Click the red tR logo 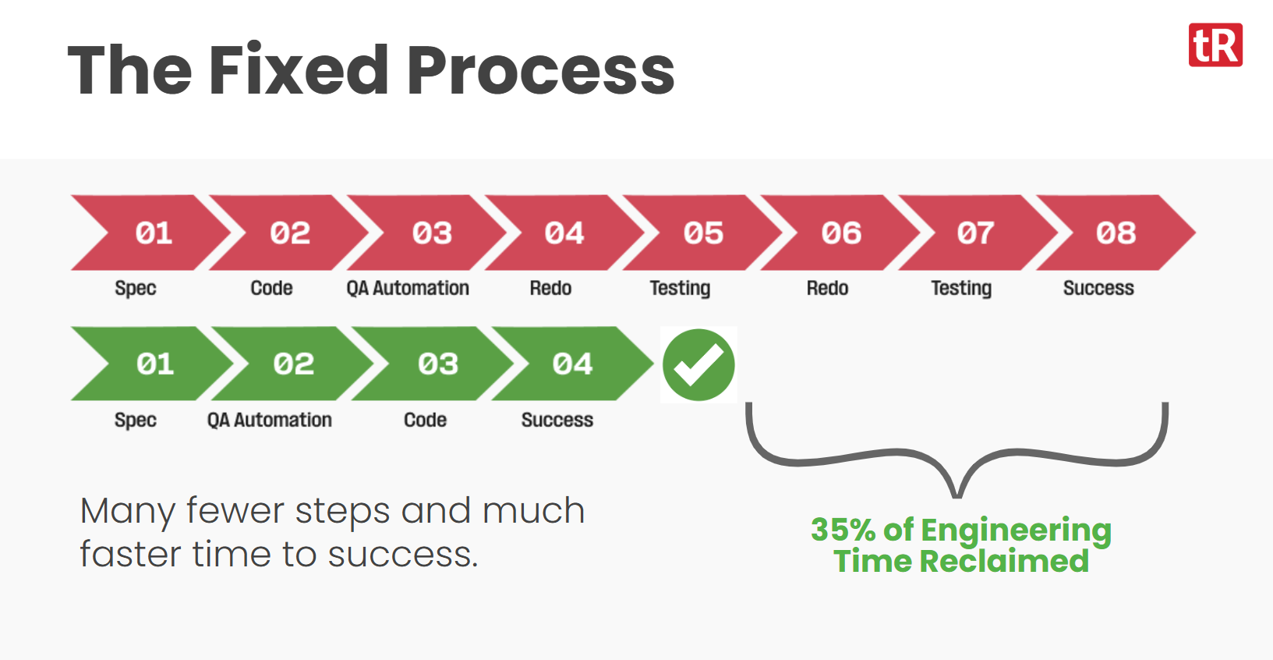coord(1215,45)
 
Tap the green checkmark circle coord(698,364)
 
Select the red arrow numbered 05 coord(702,232)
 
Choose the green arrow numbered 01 coord(152,364)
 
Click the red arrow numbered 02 coord(289,232)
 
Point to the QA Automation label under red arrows coord(408,288)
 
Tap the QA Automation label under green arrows coord(270,420)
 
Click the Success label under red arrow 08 coord(1098,288)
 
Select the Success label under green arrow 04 coord(557,420)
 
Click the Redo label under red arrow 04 coord(550,288)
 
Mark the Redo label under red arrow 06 coord(827,288)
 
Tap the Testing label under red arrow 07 coord(961,289)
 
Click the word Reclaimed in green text coord(1004,561)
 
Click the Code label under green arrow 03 coord(425,420)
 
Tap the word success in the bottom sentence coord(403,555)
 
